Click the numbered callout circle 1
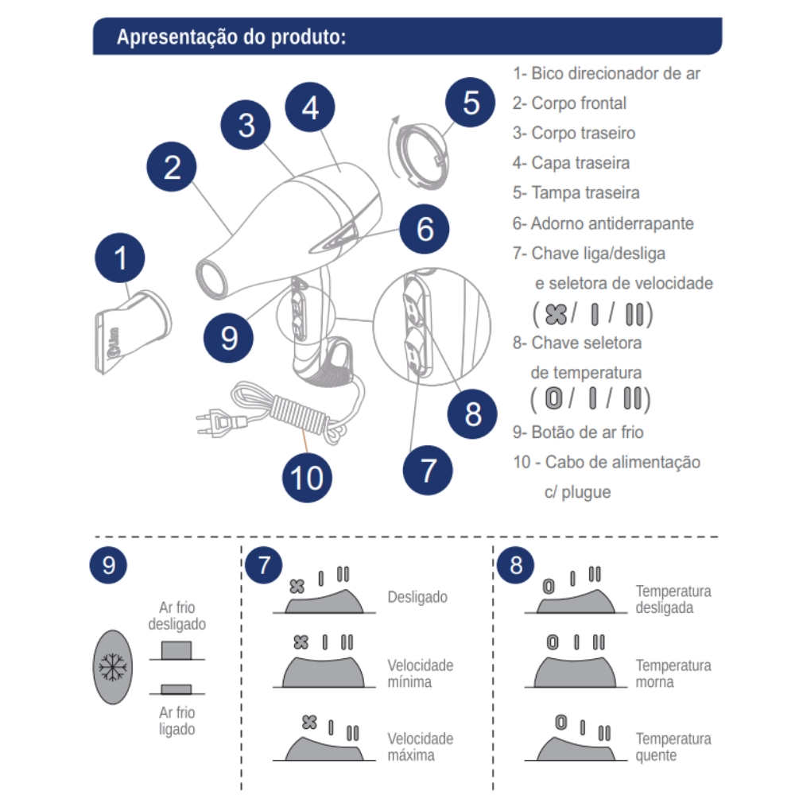120,258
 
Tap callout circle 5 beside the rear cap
470,103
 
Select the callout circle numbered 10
307,478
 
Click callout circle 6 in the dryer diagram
425,229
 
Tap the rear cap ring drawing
422,156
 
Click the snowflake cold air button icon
113,667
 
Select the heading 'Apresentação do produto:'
231,37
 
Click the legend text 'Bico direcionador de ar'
615,73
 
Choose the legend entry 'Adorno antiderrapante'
612,223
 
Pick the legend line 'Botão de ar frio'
588,432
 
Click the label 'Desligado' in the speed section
417,597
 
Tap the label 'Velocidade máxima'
421,747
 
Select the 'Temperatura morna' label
673,673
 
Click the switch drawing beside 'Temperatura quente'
576,748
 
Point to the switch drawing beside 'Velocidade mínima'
324,672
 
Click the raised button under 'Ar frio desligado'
176,650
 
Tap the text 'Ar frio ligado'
177,720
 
